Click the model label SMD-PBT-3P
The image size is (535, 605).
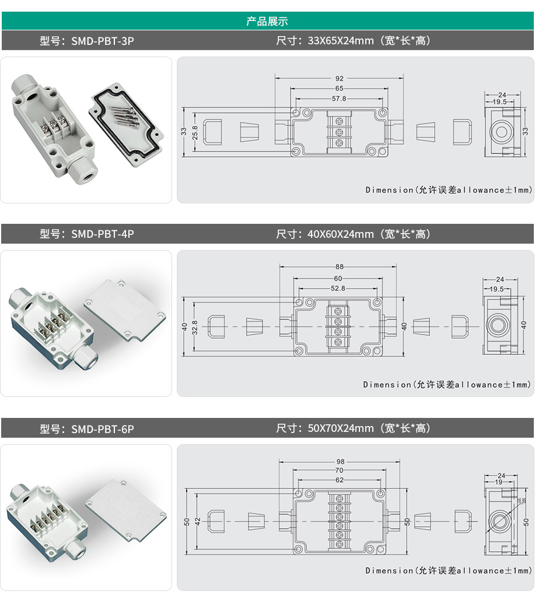pos(102,41)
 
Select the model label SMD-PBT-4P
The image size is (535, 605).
pos(102,234)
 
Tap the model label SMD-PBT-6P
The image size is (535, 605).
pos(102,429)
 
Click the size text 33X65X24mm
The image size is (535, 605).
pos(341,41)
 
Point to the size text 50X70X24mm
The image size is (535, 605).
pos(341,428)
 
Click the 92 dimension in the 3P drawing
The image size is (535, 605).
pos(339,78)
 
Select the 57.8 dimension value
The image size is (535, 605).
pos(339,99)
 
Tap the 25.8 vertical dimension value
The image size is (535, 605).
pos(195,133)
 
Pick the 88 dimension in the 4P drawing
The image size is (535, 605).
pos(339,266)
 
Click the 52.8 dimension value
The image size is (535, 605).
pos(338,289)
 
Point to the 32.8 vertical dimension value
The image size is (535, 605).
pos(195,328)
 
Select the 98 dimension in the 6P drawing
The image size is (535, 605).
pos(340,462)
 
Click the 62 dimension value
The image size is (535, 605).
pos(339,480)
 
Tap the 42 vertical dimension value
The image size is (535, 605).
pos(198,522)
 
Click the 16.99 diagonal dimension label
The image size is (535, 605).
pos(522,501)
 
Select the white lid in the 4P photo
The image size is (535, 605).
pos(125,310)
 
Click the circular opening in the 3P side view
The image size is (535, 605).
pos(501,132)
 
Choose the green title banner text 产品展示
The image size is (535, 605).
pos(267,21)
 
